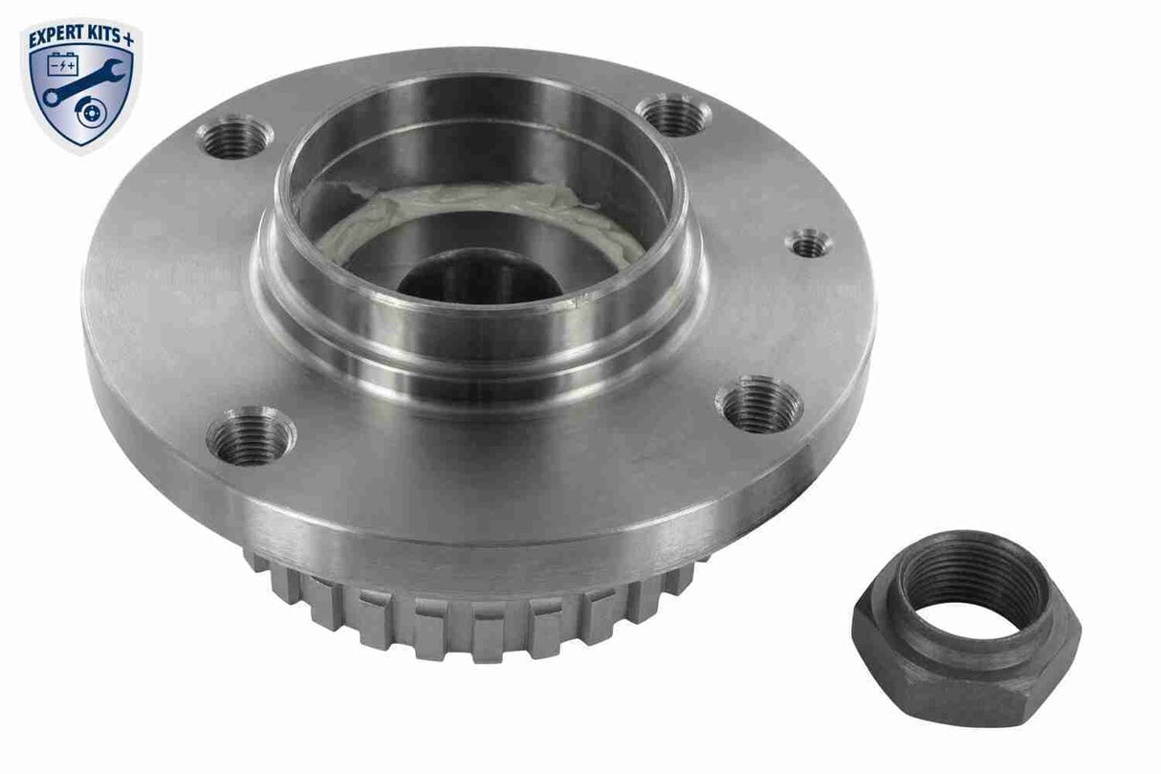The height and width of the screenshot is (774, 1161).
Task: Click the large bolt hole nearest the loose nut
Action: click(x=758, y=404)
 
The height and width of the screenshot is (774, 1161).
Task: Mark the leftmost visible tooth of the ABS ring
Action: click(x=255, y=560)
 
